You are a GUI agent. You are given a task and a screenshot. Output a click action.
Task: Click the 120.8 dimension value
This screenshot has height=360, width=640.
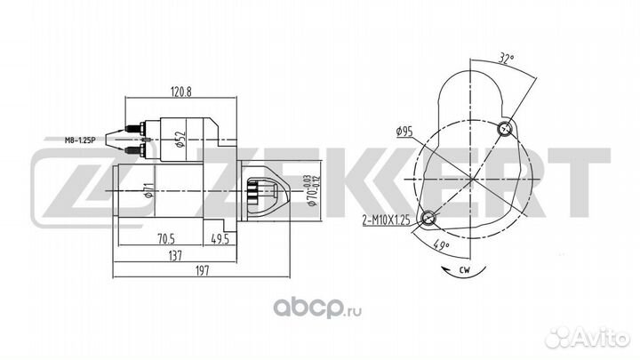(180, 92)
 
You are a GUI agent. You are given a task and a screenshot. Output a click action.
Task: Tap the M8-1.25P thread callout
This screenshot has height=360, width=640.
(80, 140)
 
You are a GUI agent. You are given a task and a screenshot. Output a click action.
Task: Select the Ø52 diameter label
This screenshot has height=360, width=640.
(180, 140)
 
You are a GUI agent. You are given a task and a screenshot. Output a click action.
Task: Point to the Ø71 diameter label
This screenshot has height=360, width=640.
(148, 190)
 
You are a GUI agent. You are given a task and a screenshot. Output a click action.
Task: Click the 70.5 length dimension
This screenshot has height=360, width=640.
(166, 239)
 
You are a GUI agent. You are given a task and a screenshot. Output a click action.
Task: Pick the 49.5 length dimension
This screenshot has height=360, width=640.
(220, 239)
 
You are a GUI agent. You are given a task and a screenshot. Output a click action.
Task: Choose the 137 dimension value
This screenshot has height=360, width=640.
(175, 256)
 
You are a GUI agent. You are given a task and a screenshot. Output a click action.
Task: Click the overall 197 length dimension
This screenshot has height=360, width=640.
(202, 270)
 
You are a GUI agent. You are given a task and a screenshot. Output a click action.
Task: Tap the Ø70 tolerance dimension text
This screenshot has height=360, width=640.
(313, 190)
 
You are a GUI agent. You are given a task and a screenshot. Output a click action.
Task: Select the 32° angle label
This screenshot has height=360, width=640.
(505, 59)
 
